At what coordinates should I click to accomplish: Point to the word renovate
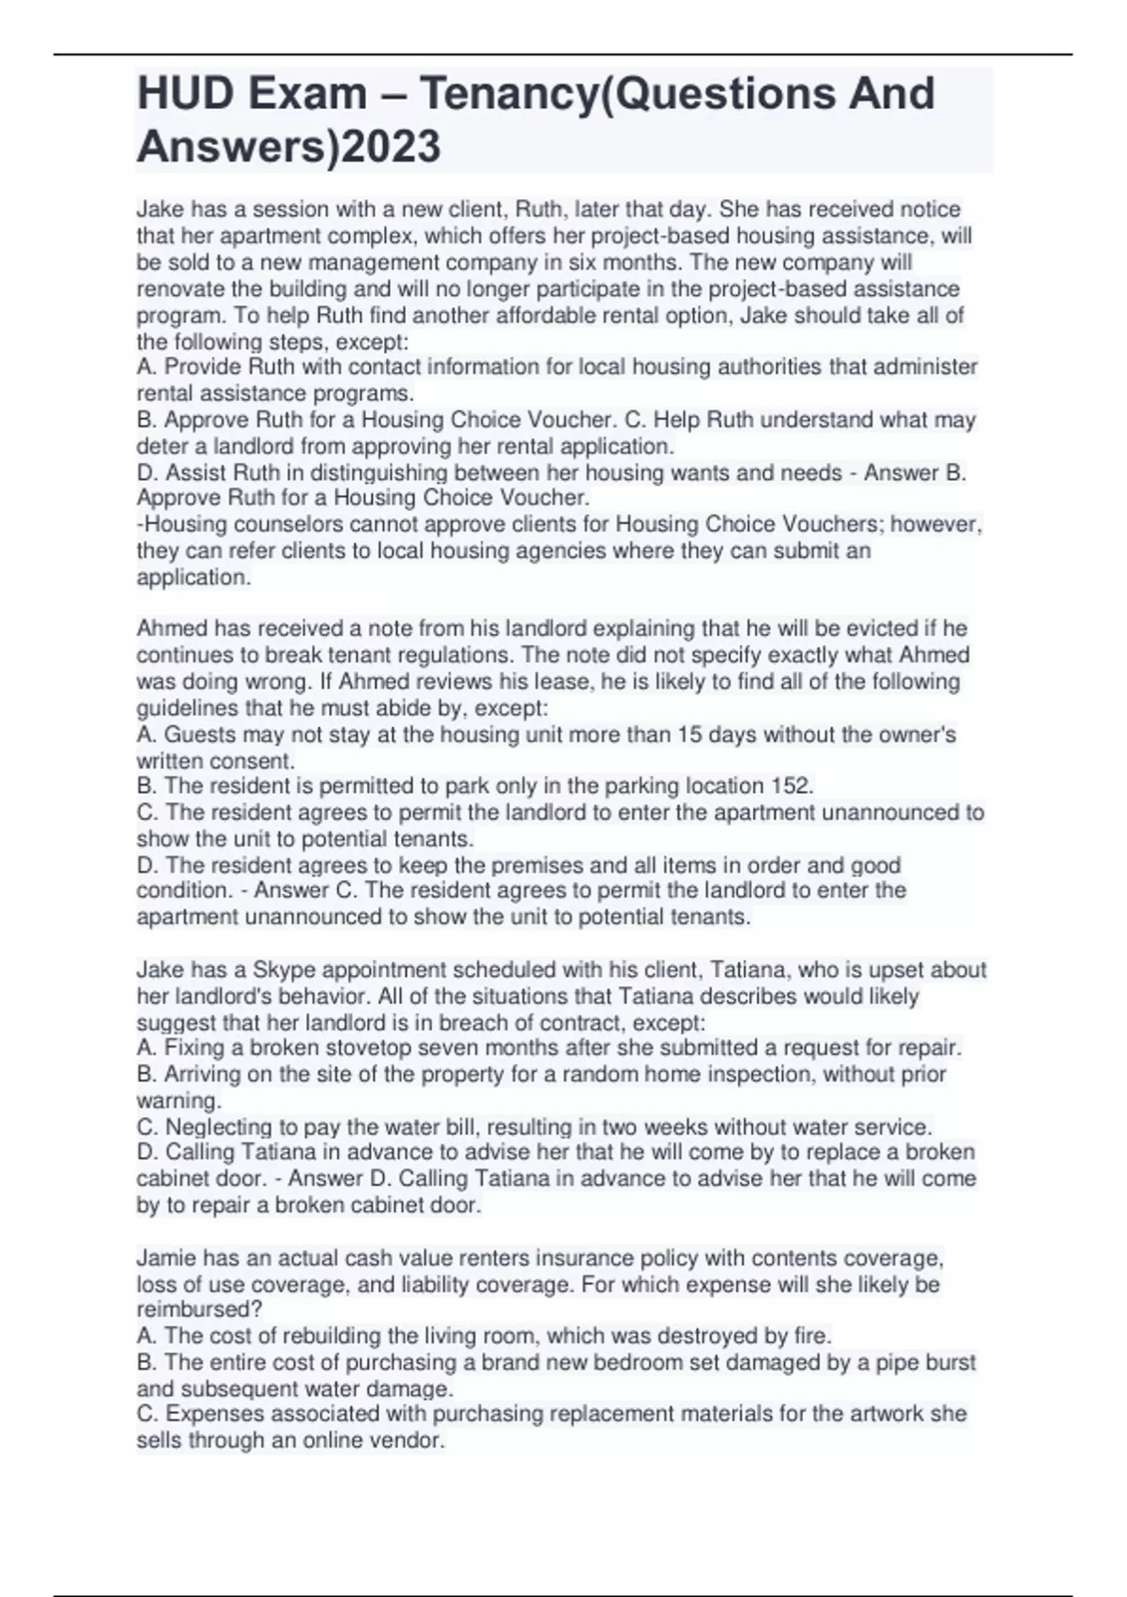coord(180,288)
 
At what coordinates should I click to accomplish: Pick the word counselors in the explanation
coord(267,524)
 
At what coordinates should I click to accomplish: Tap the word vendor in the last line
coord(410,1440)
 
